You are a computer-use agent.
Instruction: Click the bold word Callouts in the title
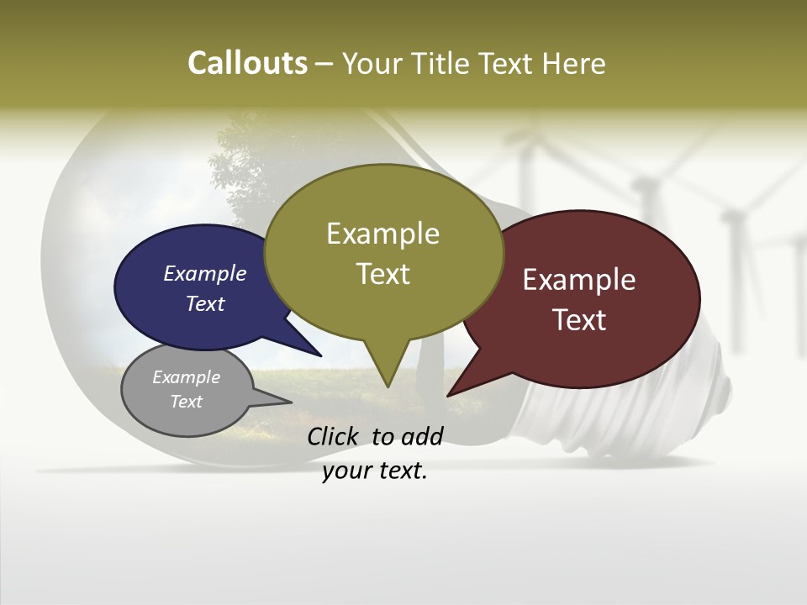tap(247, 63)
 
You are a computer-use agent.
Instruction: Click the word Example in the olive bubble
tap(382, 234)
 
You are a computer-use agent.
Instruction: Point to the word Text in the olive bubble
tap(382, 274)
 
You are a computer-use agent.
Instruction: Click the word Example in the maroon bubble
tap(579, 280)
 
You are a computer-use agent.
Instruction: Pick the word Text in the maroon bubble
tap(579, 320)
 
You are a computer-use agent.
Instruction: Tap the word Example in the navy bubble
tap(204, 273)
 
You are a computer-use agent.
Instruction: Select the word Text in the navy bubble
tap(204, 303)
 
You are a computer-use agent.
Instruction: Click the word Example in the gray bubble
tap(186, 377)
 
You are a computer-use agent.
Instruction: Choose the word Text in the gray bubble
tap(186, 402)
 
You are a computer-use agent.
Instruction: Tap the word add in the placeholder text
tap(422, 436)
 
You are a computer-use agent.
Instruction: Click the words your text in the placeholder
tap(375, 471)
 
